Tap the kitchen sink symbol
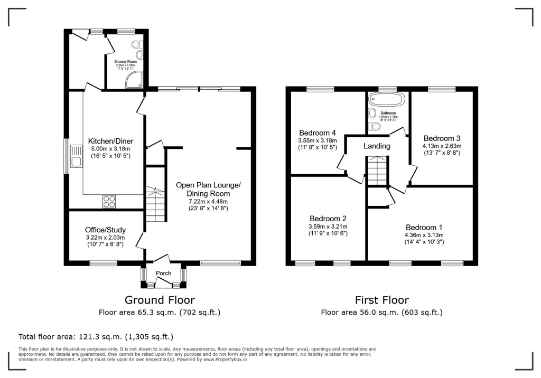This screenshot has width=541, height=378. point(76,162)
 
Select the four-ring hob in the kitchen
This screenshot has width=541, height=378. point(109,201)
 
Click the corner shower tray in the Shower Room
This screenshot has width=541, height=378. point(132,80)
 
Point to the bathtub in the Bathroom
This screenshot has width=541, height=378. point(386,99)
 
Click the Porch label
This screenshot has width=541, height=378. point(163,273)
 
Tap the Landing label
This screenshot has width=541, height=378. point(377,146)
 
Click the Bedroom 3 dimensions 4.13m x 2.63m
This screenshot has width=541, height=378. point(442,146)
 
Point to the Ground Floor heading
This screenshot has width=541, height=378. point(160,300)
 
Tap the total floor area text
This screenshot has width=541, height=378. point(96,336)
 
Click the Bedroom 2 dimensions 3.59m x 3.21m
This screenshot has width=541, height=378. point(328,226)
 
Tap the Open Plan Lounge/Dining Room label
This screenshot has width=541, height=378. point(208,189)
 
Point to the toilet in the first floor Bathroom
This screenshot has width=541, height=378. point(376,126)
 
